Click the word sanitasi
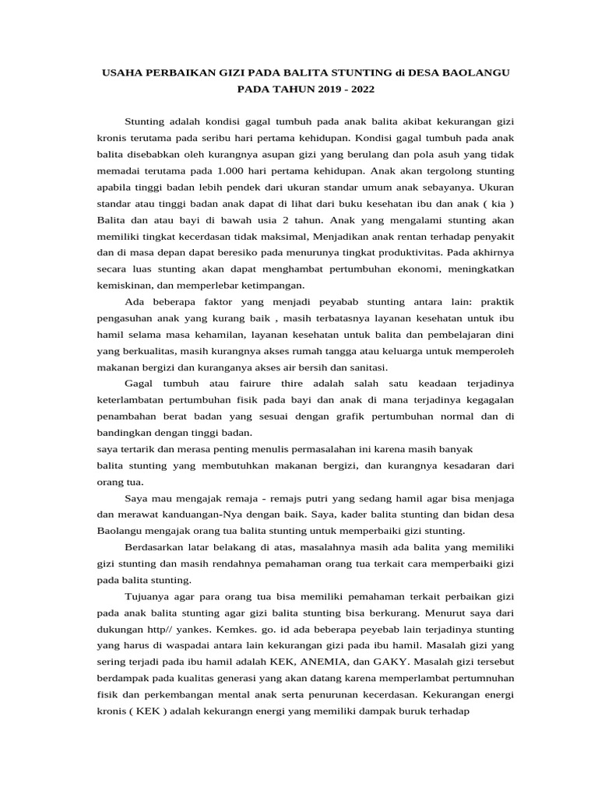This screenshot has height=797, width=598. click(367, 367)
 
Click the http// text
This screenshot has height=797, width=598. click(157, 629)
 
